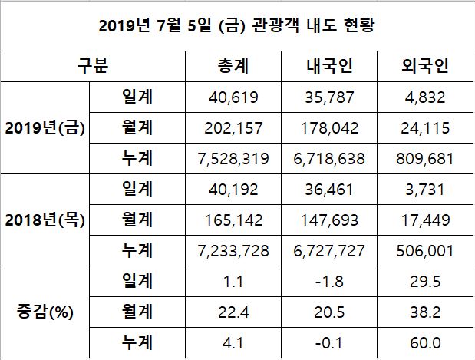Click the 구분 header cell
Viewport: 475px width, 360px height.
tap(93, 67)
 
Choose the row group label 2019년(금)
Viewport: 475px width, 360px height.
tap(45, 128)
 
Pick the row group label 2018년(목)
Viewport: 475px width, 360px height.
tap(45, 220)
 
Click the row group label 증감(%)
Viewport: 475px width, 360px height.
tap(45, 312)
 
